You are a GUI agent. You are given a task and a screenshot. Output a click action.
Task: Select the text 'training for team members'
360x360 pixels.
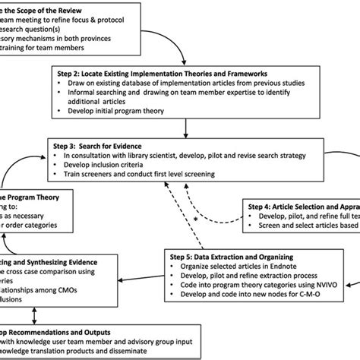(x=53, y=46)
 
